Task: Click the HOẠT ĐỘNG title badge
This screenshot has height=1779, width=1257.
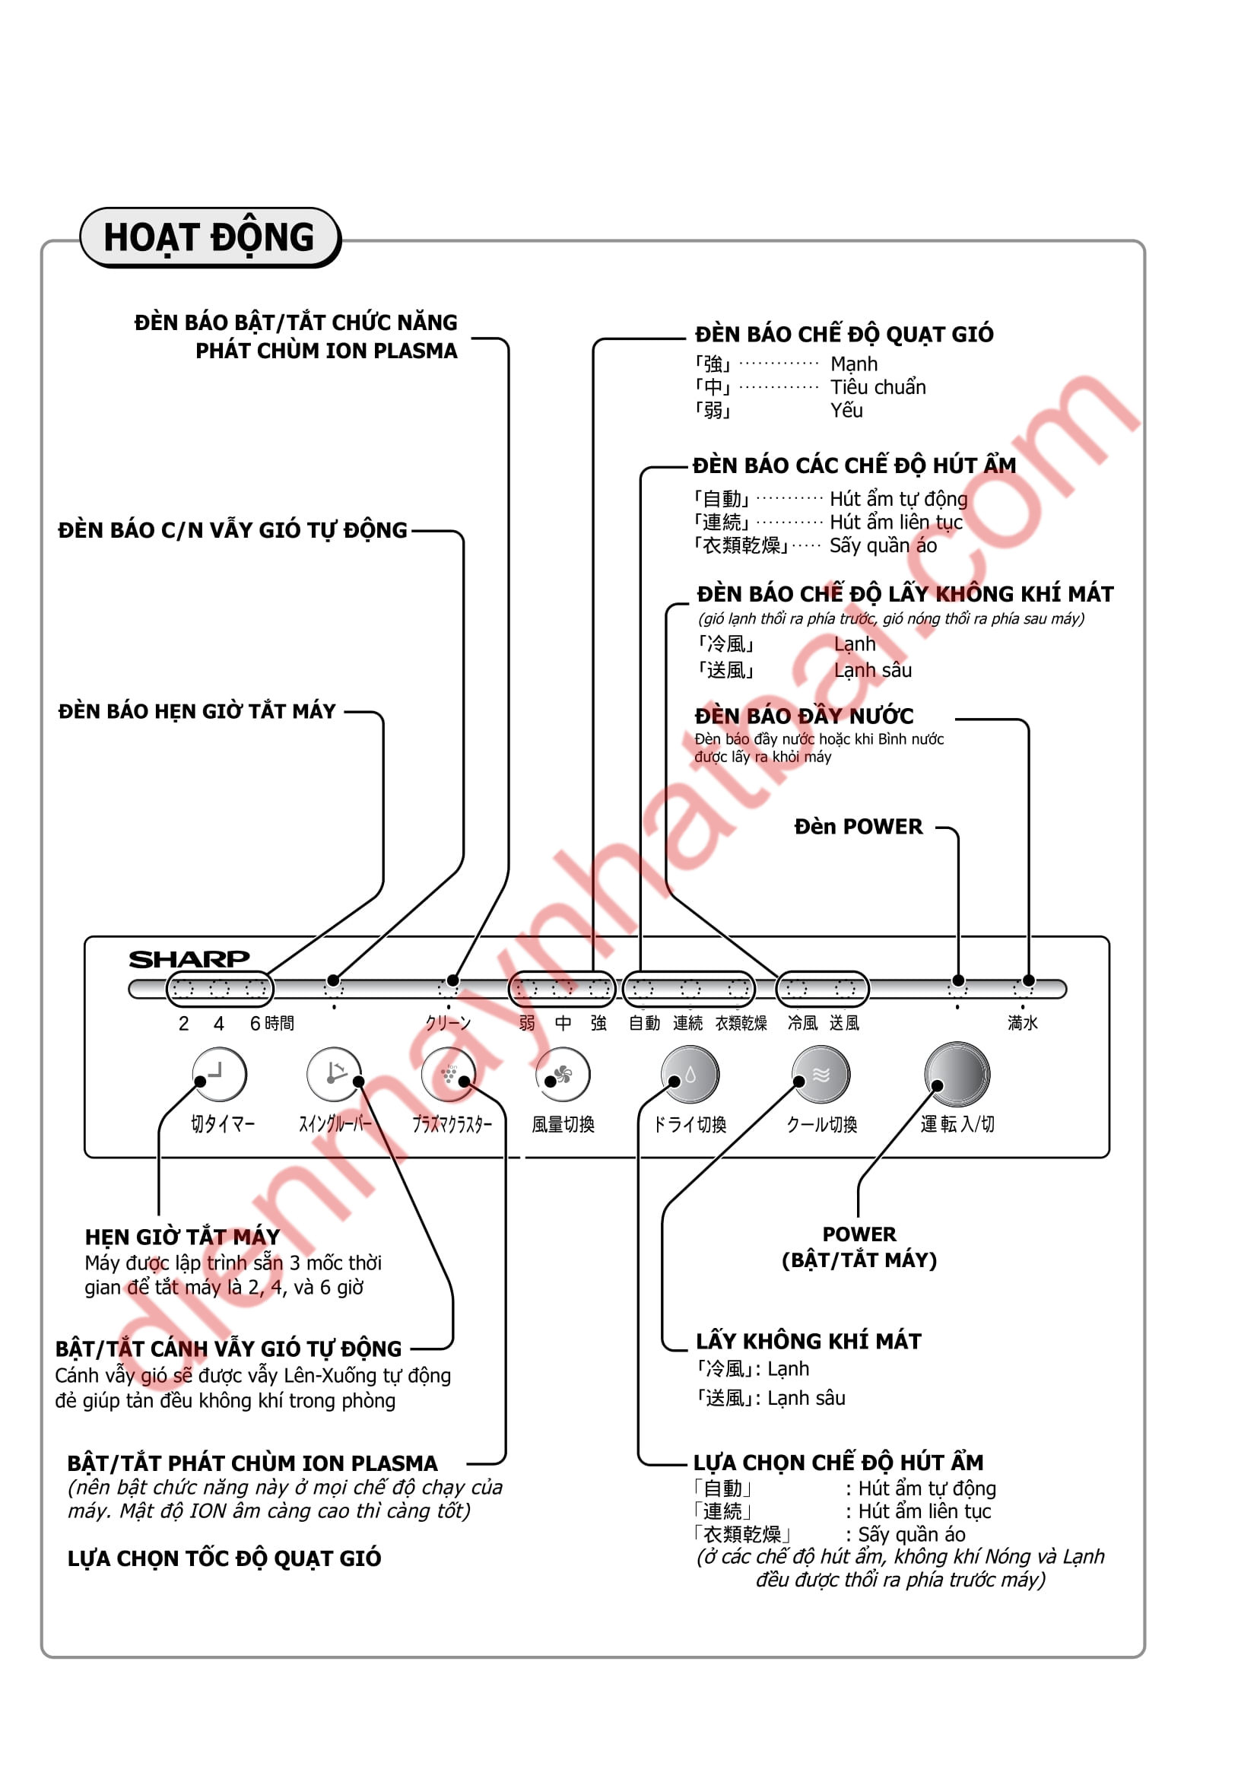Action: [x=209, y=238]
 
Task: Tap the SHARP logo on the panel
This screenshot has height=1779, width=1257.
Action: [x=189, y=959]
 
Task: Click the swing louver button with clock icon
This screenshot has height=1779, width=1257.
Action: [x=334, y=1074]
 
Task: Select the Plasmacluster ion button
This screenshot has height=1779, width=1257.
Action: [x=449, y=1074]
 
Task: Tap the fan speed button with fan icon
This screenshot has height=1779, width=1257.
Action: [x=563, y=1074]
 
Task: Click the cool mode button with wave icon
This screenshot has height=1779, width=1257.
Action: [x=821, y=1074]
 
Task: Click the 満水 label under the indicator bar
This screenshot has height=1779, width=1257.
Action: [x=1022, y=1024]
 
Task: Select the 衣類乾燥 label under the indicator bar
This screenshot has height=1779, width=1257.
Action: [x=741, y=1024]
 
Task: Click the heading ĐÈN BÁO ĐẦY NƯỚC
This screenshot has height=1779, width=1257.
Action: [x=804, y=716]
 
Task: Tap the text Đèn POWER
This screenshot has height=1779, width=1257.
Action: [x=858, y=827]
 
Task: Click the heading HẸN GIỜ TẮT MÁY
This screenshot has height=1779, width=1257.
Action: [x=183, y=1237]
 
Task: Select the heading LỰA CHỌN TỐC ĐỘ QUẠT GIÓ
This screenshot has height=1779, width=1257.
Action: [x=224, y=1558]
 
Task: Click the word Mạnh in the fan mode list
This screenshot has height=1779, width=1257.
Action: [x=854, y=364]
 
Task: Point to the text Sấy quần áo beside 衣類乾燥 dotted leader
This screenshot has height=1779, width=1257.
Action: [x=883, y=546]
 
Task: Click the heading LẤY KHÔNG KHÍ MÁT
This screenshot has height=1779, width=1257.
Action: [x=808, y=1341]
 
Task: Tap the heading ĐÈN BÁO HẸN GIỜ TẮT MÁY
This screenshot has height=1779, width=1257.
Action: [x=197, y=711]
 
